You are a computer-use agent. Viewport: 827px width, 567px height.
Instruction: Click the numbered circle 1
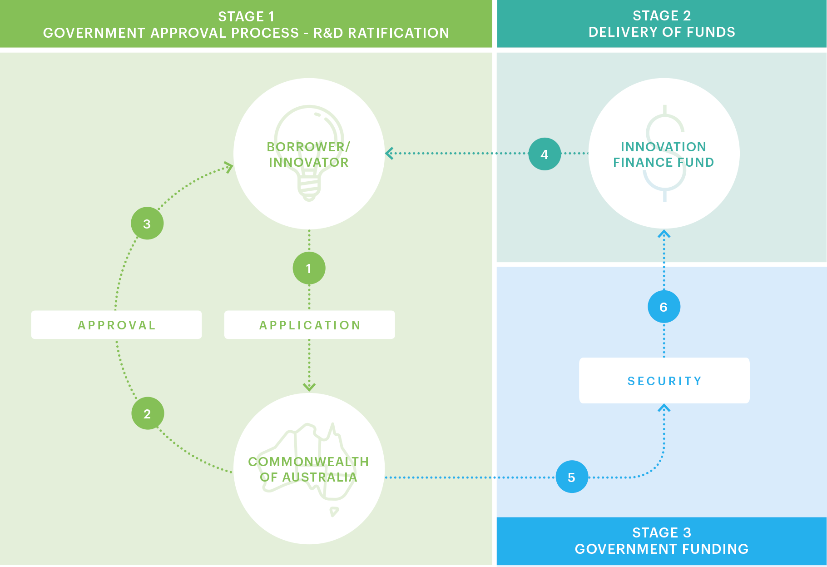[x=309, y=269]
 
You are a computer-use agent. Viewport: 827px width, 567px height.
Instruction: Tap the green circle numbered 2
[x=147, y=414]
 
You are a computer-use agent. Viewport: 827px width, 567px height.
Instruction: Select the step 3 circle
[x=147, y=224]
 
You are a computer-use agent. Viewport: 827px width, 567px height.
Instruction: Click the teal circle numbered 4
[x=545, y=154]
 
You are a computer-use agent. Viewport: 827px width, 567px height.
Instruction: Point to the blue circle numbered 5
[x=572, y=477]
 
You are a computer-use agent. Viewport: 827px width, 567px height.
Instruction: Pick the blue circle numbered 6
[x=664, y=307]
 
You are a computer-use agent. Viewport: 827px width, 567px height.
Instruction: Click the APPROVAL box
[x=116, y=325]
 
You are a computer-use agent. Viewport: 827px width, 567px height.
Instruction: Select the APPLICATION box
[x=309, y=325]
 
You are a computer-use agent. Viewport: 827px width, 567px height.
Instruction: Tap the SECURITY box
[x=664, y=381]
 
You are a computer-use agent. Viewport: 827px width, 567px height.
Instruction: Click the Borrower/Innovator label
[x=309, y=154]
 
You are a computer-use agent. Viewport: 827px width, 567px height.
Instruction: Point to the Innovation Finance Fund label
[x=664, y=154]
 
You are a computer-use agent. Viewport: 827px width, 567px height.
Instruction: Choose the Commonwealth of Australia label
[x=309, y=469]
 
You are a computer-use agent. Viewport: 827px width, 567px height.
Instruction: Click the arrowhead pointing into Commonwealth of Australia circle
[x=309, y=387]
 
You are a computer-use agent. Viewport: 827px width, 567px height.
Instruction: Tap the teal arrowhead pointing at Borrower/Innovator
[x=389, y=154]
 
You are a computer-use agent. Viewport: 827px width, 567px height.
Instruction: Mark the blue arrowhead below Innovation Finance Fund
[x=664, y=234]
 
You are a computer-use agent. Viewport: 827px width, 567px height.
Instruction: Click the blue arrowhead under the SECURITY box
[x=664, y=408]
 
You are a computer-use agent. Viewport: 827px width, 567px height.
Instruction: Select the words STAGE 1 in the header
[x=246, y=17]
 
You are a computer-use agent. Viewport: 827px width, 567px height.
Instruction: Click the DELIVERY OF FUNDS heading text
[x=662, y=32]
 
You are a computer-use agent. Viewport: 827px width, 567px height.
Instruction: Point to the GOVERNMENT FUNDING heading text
[x=662, y=549]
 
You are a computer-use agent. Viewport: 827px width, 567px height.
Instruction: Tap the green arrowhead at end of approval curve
[x=228, y=167]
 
